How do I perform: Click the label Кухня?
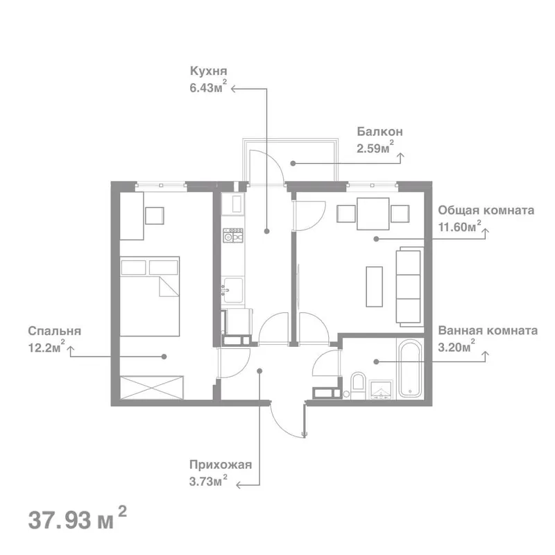[209, 71]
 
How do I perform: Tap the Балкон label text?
[379, 132]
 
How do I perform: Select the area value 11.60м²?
[460, 226]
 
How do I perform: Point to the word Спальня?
[55, 331]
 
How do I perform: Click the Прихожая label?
[221, 464]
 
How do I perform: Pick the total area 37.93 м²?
[77, 519]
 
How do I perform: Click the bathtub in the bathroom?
[410, 368]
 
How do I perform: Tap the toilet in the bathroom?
[358, 386]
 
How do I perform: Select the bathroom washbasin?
[381, 390]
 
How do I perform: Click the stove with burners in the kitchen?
[233, 235]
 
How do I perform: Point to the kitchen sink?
[233, 290]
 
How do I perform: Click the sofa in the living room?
[409, 287]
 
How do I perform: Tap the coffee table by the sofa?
[374, 287]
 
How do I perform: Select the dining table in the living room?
[373, 214]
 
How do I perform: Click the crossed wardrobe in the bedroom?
[152, 388]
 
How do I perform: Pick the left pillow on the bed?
[133, 268]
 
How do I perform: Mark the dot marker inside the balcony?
[293, 163]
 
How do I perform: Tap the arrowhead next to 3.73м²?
[239, 485]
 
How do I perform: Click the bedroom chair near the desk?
[155, 216]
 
